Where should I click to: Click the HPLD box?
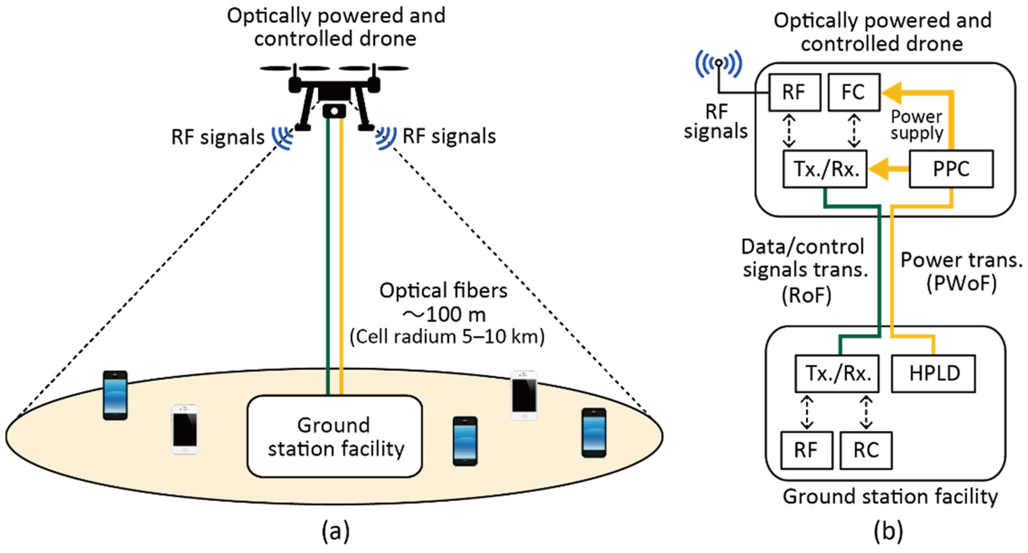pos(933,373)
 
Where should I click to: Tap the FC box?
pos(854,92)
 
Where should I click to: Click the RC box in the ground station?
pos(866,450)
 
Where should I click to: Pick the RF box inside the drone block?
pos(794,92)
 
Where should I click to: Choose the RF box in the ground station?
pos(807,450)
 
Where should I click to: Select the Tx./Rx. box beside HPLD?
pos(837,373)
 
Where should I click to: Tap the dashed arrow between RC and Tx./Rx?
pos(866,412)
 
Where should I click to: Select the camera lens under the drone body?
pos(334,111)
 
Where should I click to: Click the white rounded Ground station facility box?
pos(334,436)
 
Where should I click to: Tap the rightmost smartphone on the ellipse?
pos(594,433)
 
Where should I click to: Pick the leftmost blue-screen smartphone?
pos(115,395)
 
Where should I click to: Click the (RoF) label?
pos(806,295)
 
